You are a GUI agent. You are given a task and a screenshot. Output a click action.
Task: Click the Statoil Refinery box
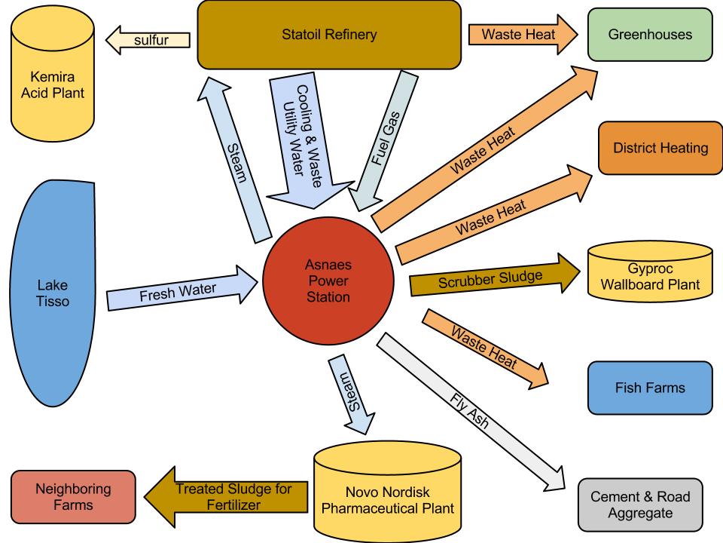tap(328, 35)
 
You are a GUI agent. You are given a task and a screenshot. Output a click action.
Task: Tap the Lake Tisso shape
tap(53, 294)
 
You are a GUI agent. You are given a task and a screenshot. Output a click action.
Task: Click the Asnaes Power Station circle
tap(328, 281)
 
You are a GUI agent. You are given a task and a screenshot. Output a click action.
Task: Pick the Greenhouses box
tap(650, 34)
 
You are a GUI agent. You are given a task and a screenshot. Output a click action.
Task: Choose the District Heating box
tap(660, 148)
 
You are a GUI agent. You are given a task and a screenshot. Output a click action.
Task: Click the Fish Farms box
tap(649, 388)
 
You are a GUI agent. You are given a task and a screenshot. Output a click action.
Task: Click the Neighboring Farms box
tap(73, 497)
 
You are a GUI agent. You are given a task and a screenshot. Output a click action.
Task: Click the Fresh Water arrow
tap(181, 289)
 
